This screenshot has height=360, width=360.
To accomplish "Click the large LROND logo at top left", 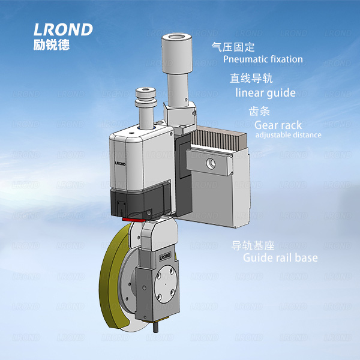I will click(x=64, y=29).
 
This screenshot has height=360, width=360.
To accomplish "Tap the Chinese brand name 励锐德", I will click(x=52, y=44).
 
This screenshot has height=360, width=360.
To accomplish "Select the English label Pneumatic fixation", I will click(x=263, y=59).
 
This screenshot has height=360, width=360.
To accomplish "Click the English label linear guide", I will click(x=265, y=93).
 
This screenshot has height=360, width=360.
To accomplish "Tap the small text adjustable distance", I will click(x=288, y=135).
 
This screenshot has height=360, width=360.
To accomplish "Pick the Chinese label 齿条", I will click(x=260, y=112).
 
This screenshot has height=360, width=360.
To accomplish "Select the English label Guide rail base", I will click(x=280, y=258).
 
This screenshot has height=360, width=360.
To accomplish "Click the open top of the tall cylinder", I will click(x=175, y=39).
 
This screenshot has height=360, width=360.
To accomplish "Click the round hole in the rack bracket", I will click(x=211, y=163).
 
